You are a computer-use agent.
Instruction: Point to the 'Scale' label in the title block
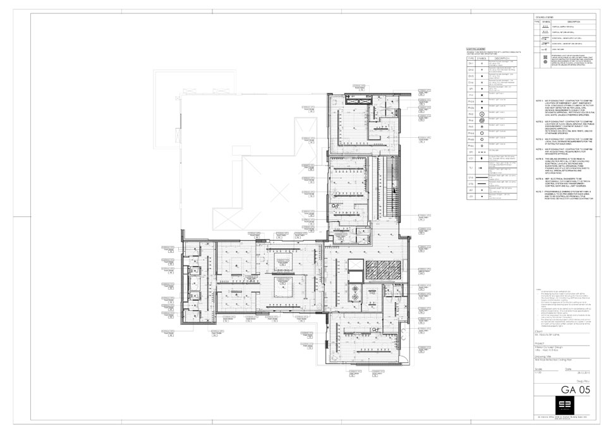[x=538, y=368]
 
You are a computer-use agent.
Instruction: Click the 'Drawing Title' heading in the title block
[x=543, y=355]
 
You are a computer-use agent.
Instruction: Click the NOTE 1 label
[x=538, y=101]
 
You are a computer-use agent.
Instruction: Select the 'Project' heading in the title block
[x=539, y=344]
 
